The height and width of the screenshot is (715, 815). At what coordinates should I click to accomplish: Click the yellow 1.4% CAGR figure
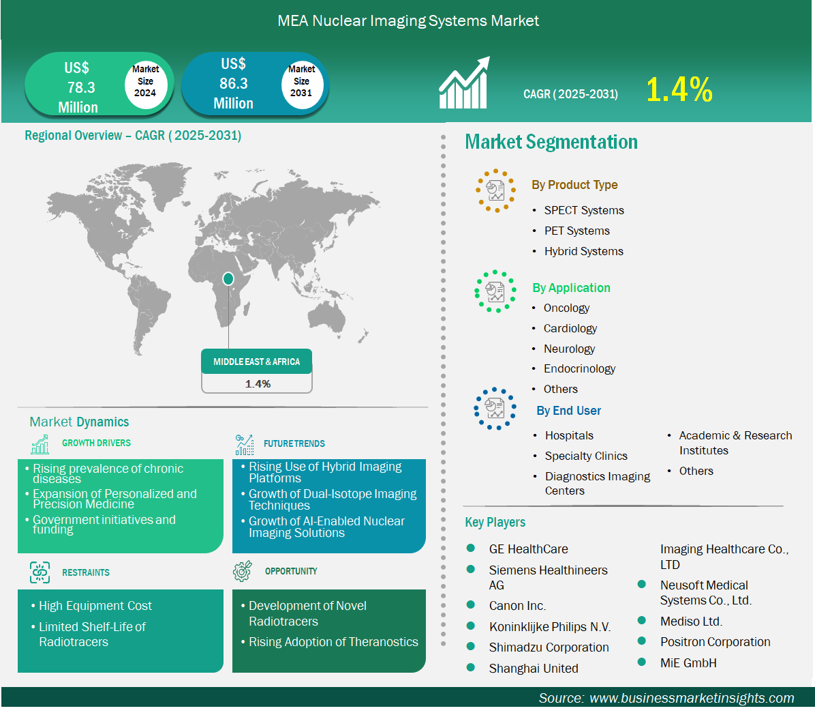point(679,89)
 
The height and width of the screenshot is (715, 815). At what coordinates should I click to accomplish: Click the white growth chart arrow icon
point(464,83)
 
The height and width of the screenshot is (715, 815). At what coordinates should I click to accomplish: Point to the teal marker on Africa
point(228,279)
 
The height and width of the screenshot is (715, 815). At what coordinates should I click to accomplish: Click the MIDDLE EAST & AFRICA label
point(257,362)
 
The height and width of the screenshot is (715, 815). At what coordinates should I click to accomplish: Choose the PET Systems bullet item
point(577,231)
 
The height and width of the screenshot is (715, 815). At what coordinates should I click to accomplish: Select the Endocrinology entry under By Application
point(579,369)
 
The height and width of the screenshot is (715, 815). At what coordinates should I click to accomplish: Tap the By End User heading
point(568,411)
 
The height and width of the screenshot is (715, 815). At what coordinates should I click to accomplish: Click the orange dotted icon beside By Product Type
point(496,190)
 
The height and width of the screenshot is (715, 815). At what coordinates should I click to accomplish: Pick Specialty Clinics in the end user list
point(586,456)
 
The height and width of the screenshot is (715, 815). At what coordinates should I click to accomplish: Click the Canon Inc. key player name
point(517,606)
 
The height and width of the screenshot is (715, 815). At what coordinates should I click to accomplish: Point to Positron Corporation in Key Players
point(716,642)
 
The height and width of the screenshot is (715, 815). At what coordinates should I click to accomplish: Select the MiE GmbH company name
point(688,663)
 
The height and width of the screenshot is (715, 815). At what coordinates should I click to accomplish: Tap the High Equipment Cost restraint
point(95,606)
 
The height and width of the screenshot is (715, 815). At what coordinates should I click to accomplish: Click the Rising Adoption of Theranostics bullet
point(333,642)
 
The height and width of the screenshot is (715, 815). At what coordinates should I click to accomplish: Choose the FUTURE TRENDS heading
point(294,443)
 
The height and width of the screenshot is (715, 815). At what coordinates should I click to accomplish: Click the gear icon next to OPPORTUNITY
point(242,571)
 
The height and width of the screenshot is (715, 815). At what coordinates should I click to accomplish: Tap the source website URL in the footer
point(692,698)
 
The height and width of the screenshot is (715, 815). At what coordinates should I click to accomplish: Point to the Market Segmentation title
point(551,142)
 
